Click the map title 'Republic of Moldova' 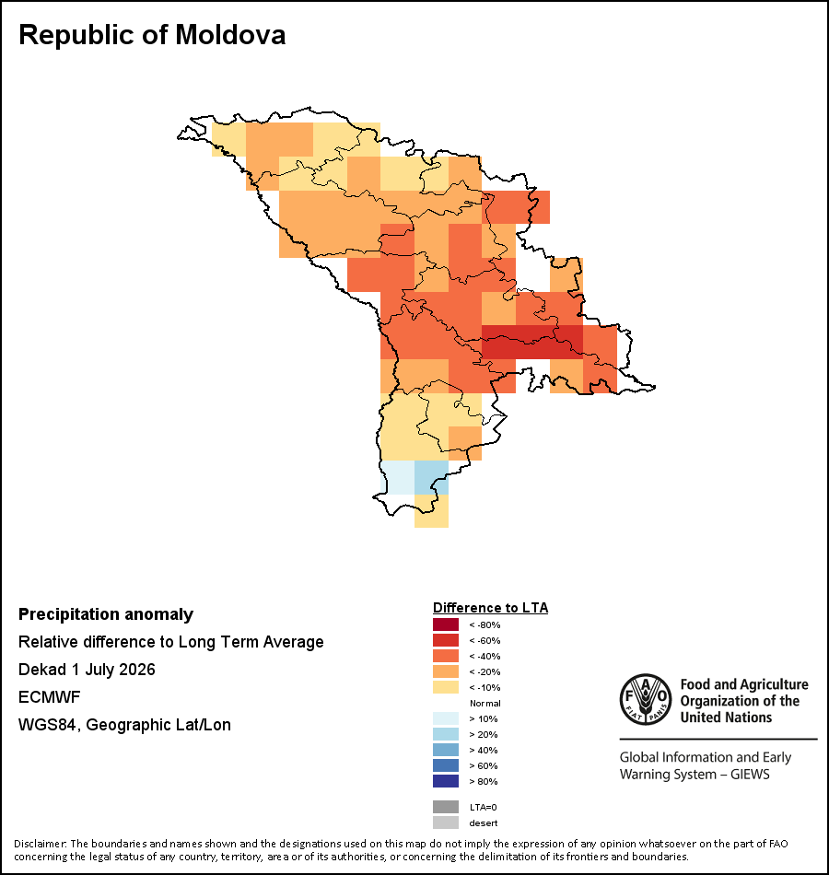click(x=152, y=35)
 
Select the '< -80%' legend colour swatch click(x=446, y=624)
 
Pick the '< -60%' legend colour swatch click(x=446, y=640)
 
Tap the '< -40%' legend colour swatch click(x=446, y=656)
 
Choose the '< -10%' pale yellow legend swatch click(x=446, y=687)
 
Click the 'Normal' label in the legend click(x=485, y=703)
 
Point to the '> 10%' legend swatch click(x=446, y=718)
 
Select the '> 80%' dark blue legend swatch click(x=446, y=781)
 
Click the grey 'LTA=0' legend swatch click(x=446, y=807)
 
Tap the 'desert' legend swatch click(x=446, y=822)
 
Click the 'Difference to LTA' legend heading click(x=490, y=608)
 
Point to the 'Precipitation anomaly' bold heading click(x=106, y=614)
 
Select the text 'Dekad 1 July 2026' click(x=87, y=669)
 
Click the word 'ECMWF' click(x=49, y=697)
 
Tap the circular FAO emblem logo click(x=646, y=700)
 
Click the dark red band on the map click(x=532, y=342)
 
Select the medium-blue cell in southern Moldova click(x=431, y=478)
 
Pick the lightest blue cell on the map click(x=398, y=478)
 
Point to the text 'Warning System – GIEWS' click(x=695, y=775)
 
